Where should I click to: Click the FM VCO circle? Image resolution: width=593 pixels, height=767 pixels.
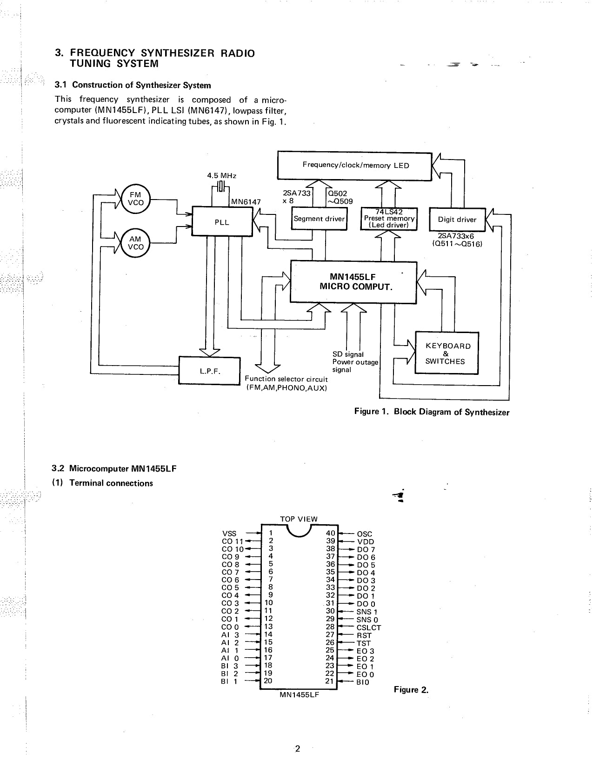click(x=135, y=199)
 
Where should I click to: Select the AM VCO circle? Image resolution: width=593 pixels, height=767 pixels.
click(x=135, y=243)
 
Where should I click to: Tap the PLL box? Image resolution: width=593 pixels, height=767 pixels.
click(x=222, y=222)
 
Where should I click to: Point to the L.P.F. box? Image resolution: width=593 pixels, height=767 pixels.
click(x=209, y=371)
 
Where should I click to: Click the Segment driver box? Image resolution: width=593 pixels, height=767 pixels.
click(x=319, y=219)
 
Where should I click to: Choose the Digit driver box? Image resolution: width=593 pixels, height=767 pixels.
click(x=457, y=220)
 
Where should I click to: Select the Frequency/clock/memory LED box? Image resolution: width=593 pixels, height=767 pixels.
click(x=355, y=165)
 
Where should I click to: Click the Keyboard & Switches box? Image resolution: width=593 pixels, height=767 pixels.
click(x=446, y=353)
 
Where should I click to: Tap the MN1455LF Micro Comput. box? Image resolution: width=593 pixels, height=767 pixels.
click(x=353, y=282)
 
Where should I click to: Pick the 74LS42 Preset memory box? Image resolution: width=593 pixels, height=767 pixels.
click(x=389, y=219)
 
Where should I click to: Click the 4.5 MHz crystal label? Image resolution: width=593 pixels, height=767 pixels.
click(x=221, y=176)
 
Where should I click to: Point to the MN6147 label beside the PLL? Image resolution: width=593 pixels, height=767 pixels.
click(x=246, y=201)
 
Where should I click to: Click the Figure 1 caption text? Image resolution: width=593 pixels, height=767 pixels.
click(x=432, y=412)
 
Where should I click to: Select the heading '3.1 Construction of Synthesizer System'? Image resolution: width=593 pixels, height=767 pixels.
click(x=133, y=85)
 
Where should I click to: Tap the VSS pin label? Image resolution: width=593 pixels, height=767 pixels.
click(x=230, y=534)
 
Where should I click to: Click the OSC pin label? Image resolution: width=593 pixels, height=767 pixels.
click(x=365, y=534)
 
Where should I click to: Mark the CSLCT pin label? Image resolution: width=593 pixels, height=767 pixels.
click(x=369, y=627)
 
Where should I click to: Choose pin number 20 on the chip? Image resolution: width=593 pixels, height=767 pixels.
click(x=268, y=681)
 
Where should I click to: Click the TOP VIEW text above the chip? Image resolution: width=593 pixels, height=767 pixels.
click(x=299, y=519)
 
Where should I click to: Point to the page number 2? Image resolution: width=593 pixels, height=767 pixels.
click(x=298, y=748)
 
